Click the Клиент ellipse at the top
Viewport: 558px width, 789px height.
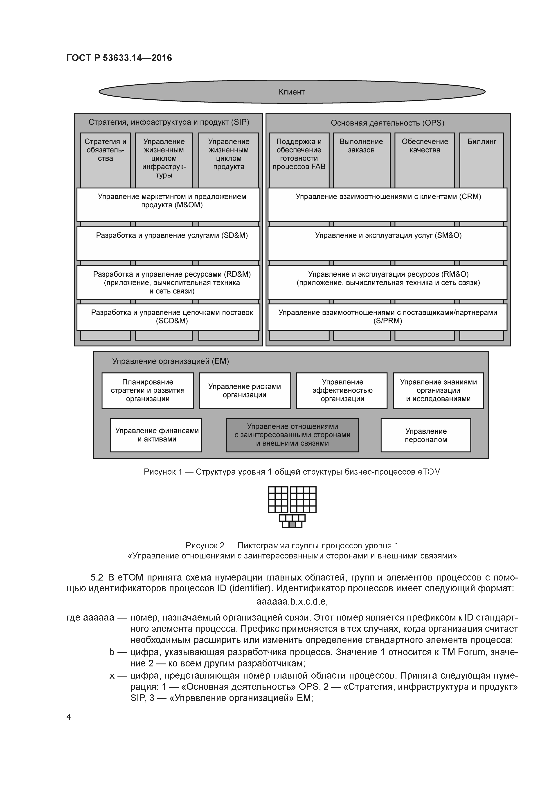(x=292, y=92)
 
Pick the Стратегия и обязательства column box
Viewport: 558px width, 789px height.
(x=105, y=160)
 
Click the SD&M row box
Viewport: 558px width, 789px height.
(x=168, y=243)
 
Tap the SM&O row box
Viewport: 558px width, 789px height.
(x=387, y=243)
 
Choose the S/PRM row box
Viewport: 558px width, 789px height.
(x=387, y=317)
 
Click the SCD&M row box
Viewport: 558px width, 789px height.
(x=168, y=317)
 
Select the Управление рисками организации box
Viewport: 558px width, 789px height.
(x=245, y=391)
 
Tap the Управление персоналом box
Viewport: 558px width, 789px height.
(x=426, y=435)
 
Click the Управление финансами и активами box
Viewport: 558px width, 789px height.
(x=156, y=435)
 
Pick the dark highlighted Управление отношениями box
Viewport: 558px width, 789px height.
(x=292, y=435)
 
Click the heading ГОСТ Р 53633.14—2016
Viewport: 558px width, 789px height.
(x=119, y=58)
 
